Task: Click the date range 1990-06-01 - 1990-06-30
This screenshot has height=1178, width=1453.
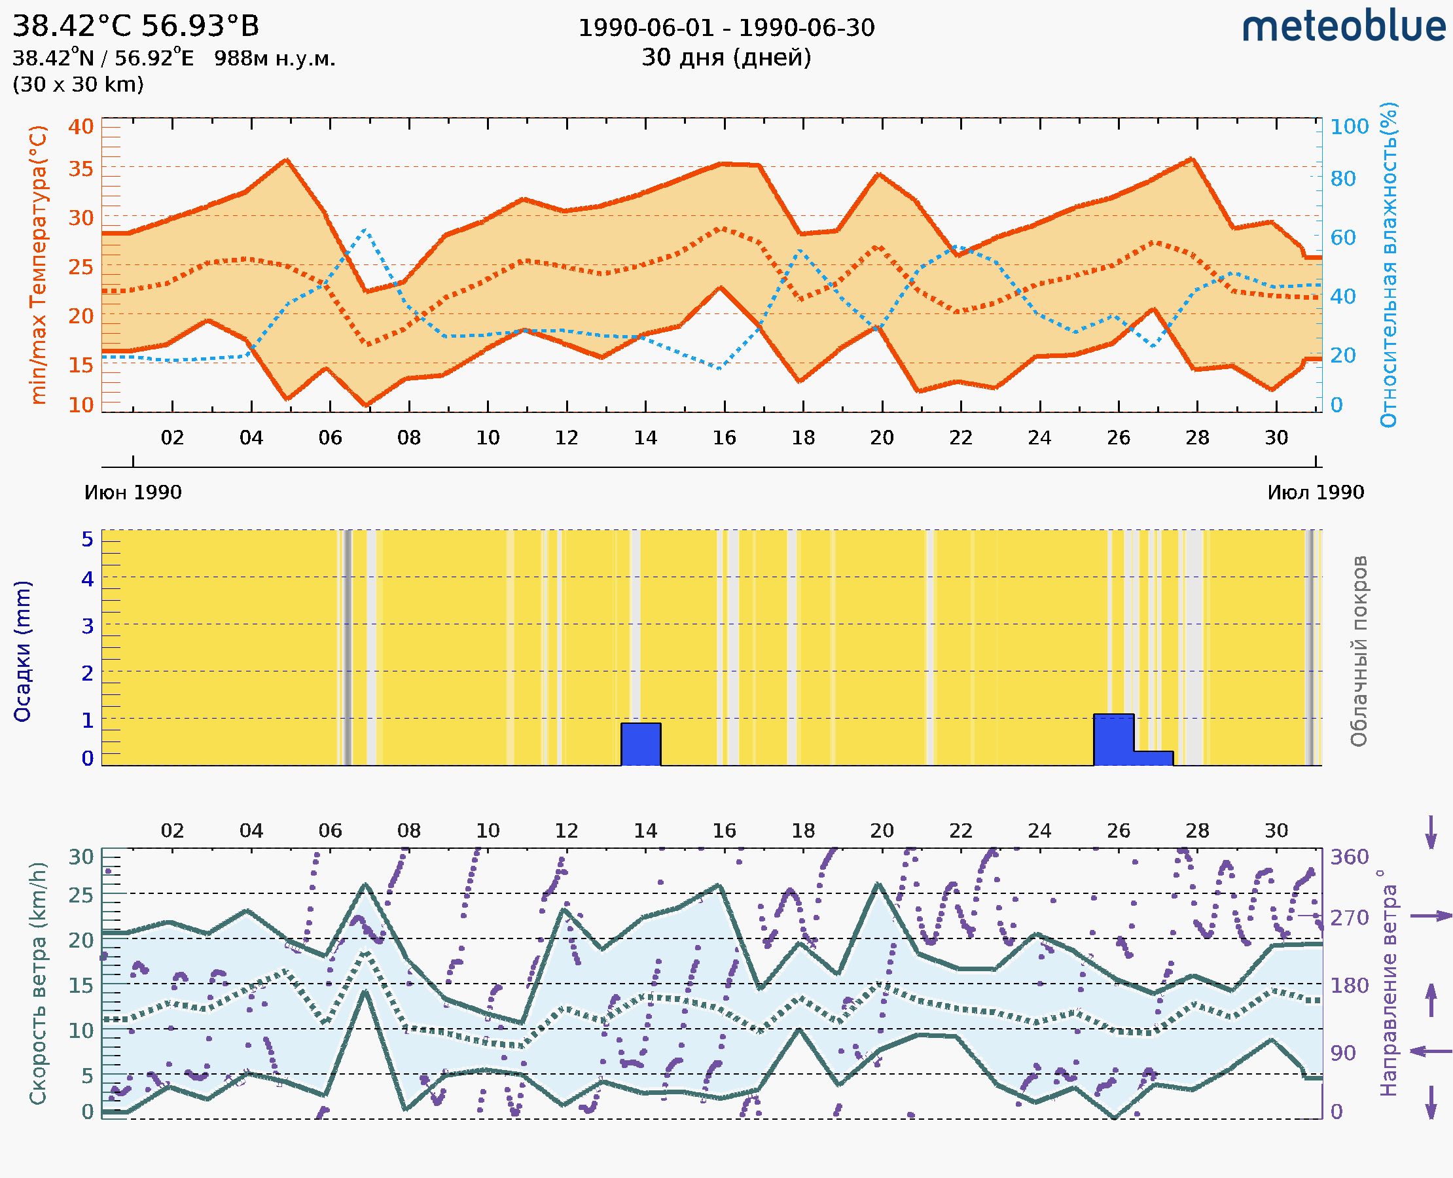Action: pos(726,28)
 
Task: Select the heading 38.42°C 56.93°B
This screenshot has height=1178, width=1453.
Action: pos(135,26)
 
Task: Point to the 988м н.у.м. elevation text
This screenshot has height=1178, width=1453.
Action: pos(275,58)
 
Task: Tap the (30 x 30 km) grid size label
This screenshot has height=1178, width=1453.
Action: pos(78,84)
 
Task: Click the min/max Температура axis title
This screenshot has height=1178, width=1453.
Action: pos(39,264)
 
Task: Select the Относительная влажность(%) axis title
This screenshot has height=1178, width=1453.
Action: pos(1388,264)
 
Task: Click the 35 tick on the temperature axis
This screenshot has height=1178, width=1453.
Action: pos(81,168)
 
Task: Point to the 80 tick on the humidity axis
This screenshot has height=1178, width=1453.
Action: pos(1342,179)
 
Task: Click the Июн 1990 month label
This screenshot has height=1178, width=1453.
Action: pos(133,492)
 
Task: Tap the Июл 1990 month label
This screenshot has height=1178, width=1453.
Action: pos(1316,492)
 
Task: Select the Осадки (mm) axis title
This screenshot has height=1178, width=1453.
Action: pos(22,651)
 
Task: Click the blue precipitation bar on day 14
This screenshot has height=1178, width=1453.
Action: pos(641,744)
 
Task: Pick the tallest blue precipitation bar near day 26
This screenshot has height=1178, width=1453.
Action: pos(1113,740)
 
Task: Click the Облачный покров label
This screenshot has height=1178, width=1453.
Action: pos(1359,651)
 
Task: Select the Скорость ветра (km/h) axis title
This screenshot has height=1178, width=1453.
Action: pos(39,983)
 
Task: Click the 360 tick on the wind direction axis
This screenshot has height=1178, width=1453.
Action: pos(1349,857)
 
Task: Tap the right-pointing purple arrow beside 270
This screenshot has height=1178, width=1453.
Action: pos(1431,916)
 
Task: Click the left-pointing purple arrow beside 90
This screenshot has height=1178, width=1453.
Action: pos(1431,1051)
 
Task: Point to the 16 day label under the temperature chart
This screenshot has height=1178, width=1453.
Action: pos(724,438)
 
